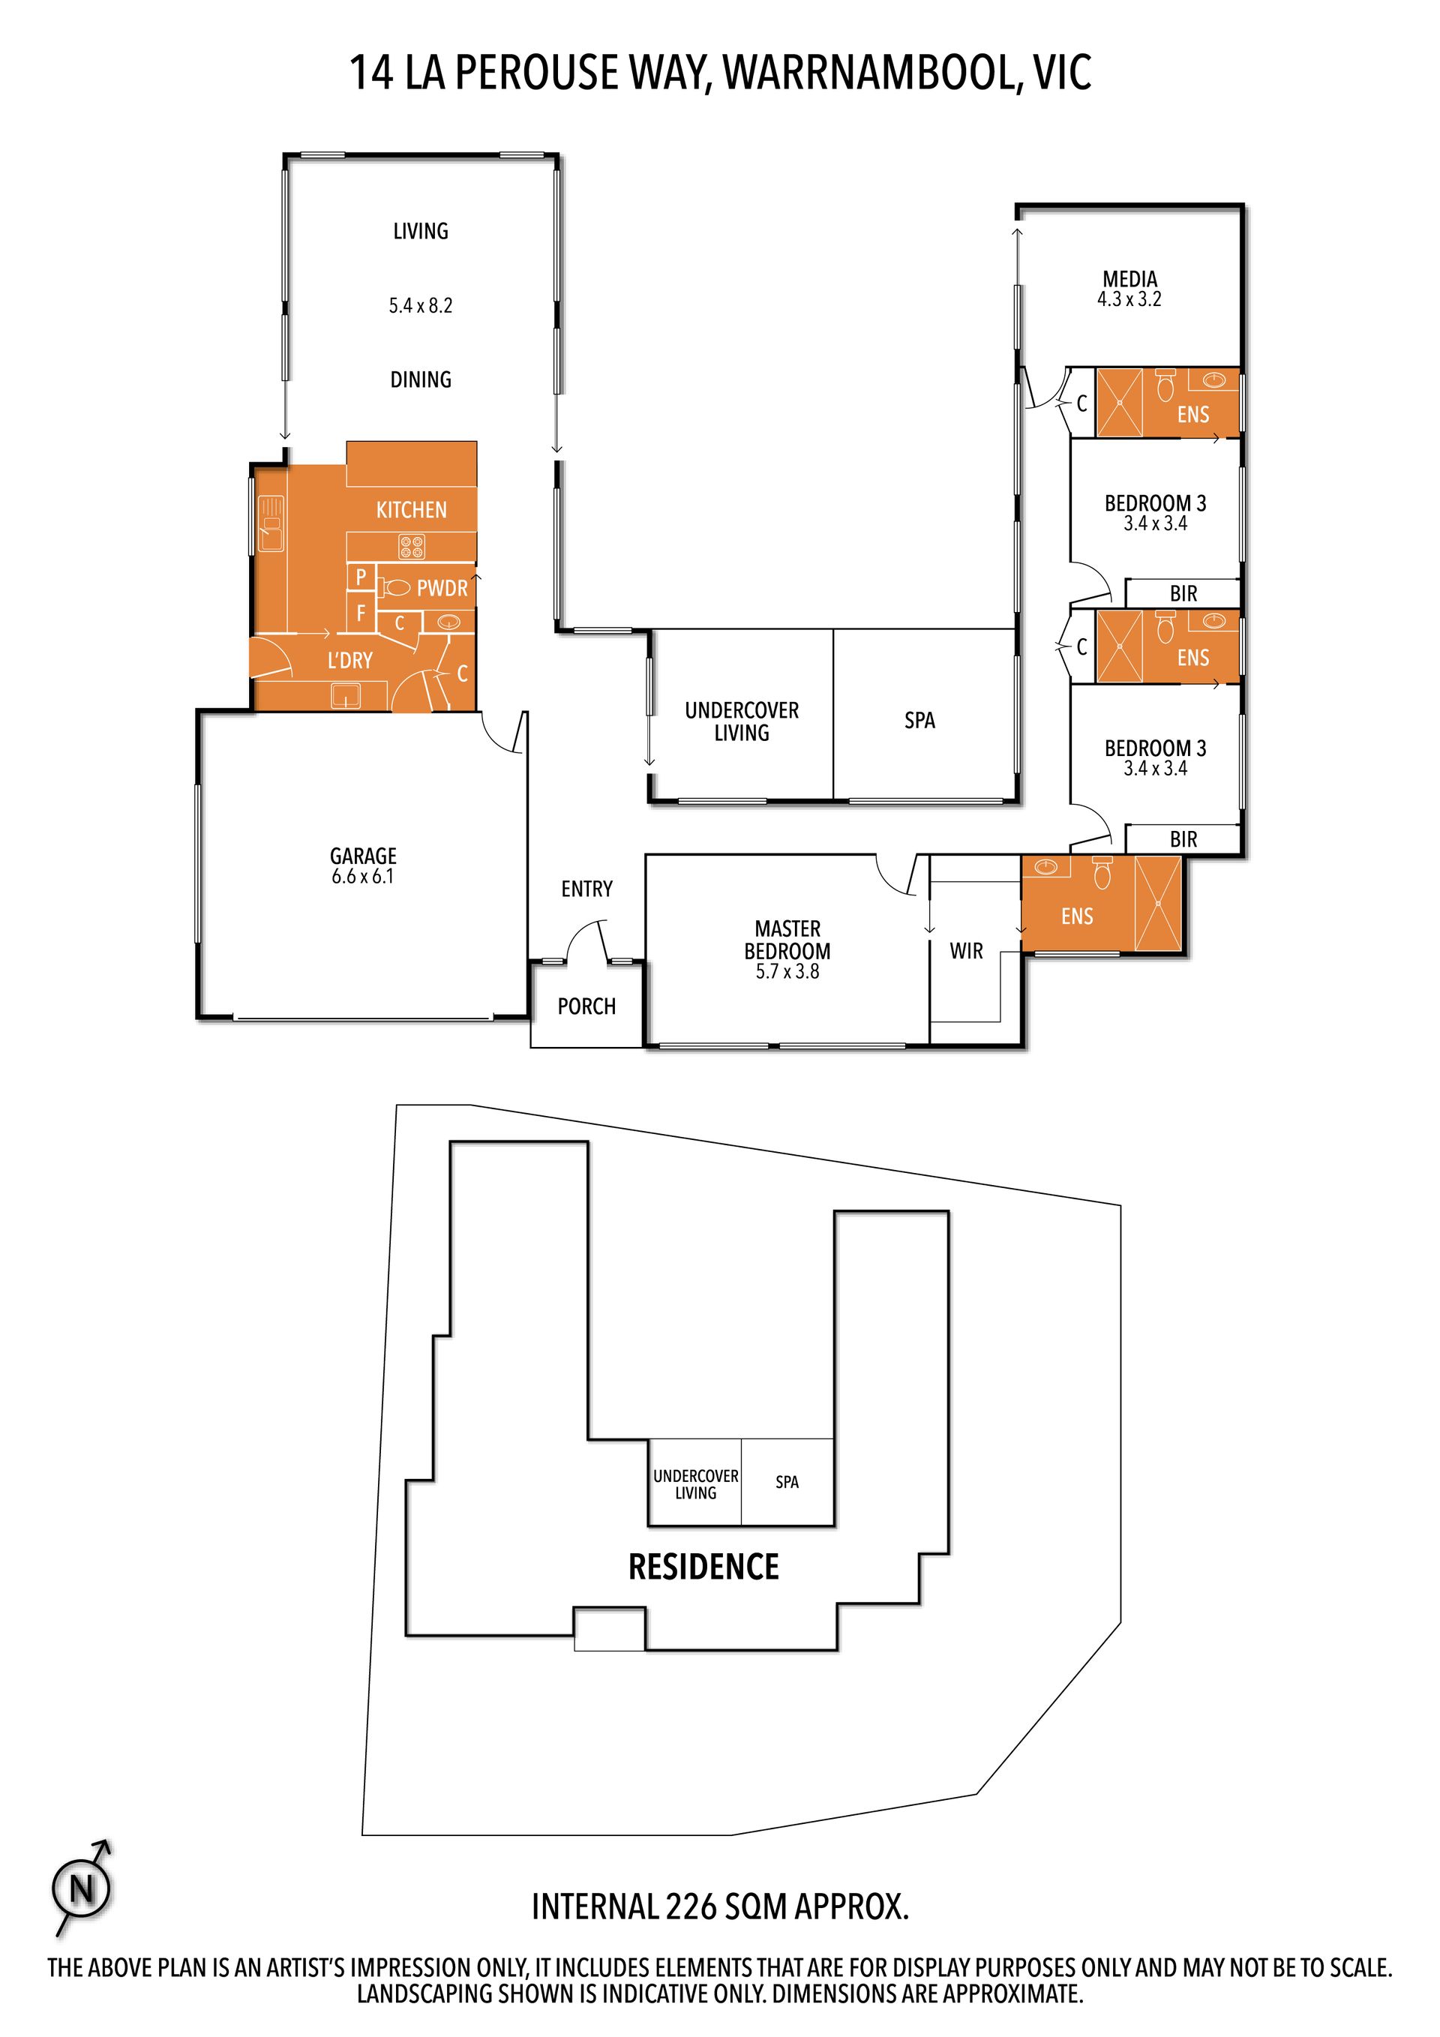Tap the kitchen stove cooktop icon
[x=412, y=547]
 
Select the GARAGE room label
[x=363, y=856]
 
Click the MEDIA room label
[x=1129, y=280]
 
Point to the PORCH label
[x=586, y=1006]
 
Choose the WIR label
[x=966, y=951]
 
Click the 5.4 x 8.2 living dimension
[x=421, y=306]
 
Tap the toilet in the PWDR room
[x=396, y=587]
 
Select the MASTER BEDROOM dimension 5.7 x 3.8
[x=787, y=971]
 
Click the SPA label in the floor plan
[x=920, y=721]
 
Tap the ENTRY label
[x=586, y=889]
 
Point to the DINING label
[x=421, y=379]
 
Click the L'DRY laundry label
[x=349, y=660]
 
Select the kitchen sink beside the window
[x=271, y=523]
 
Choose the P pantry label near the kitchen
[x=361, y=577]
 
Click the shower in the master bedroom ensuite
[x=1159, y=903]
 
